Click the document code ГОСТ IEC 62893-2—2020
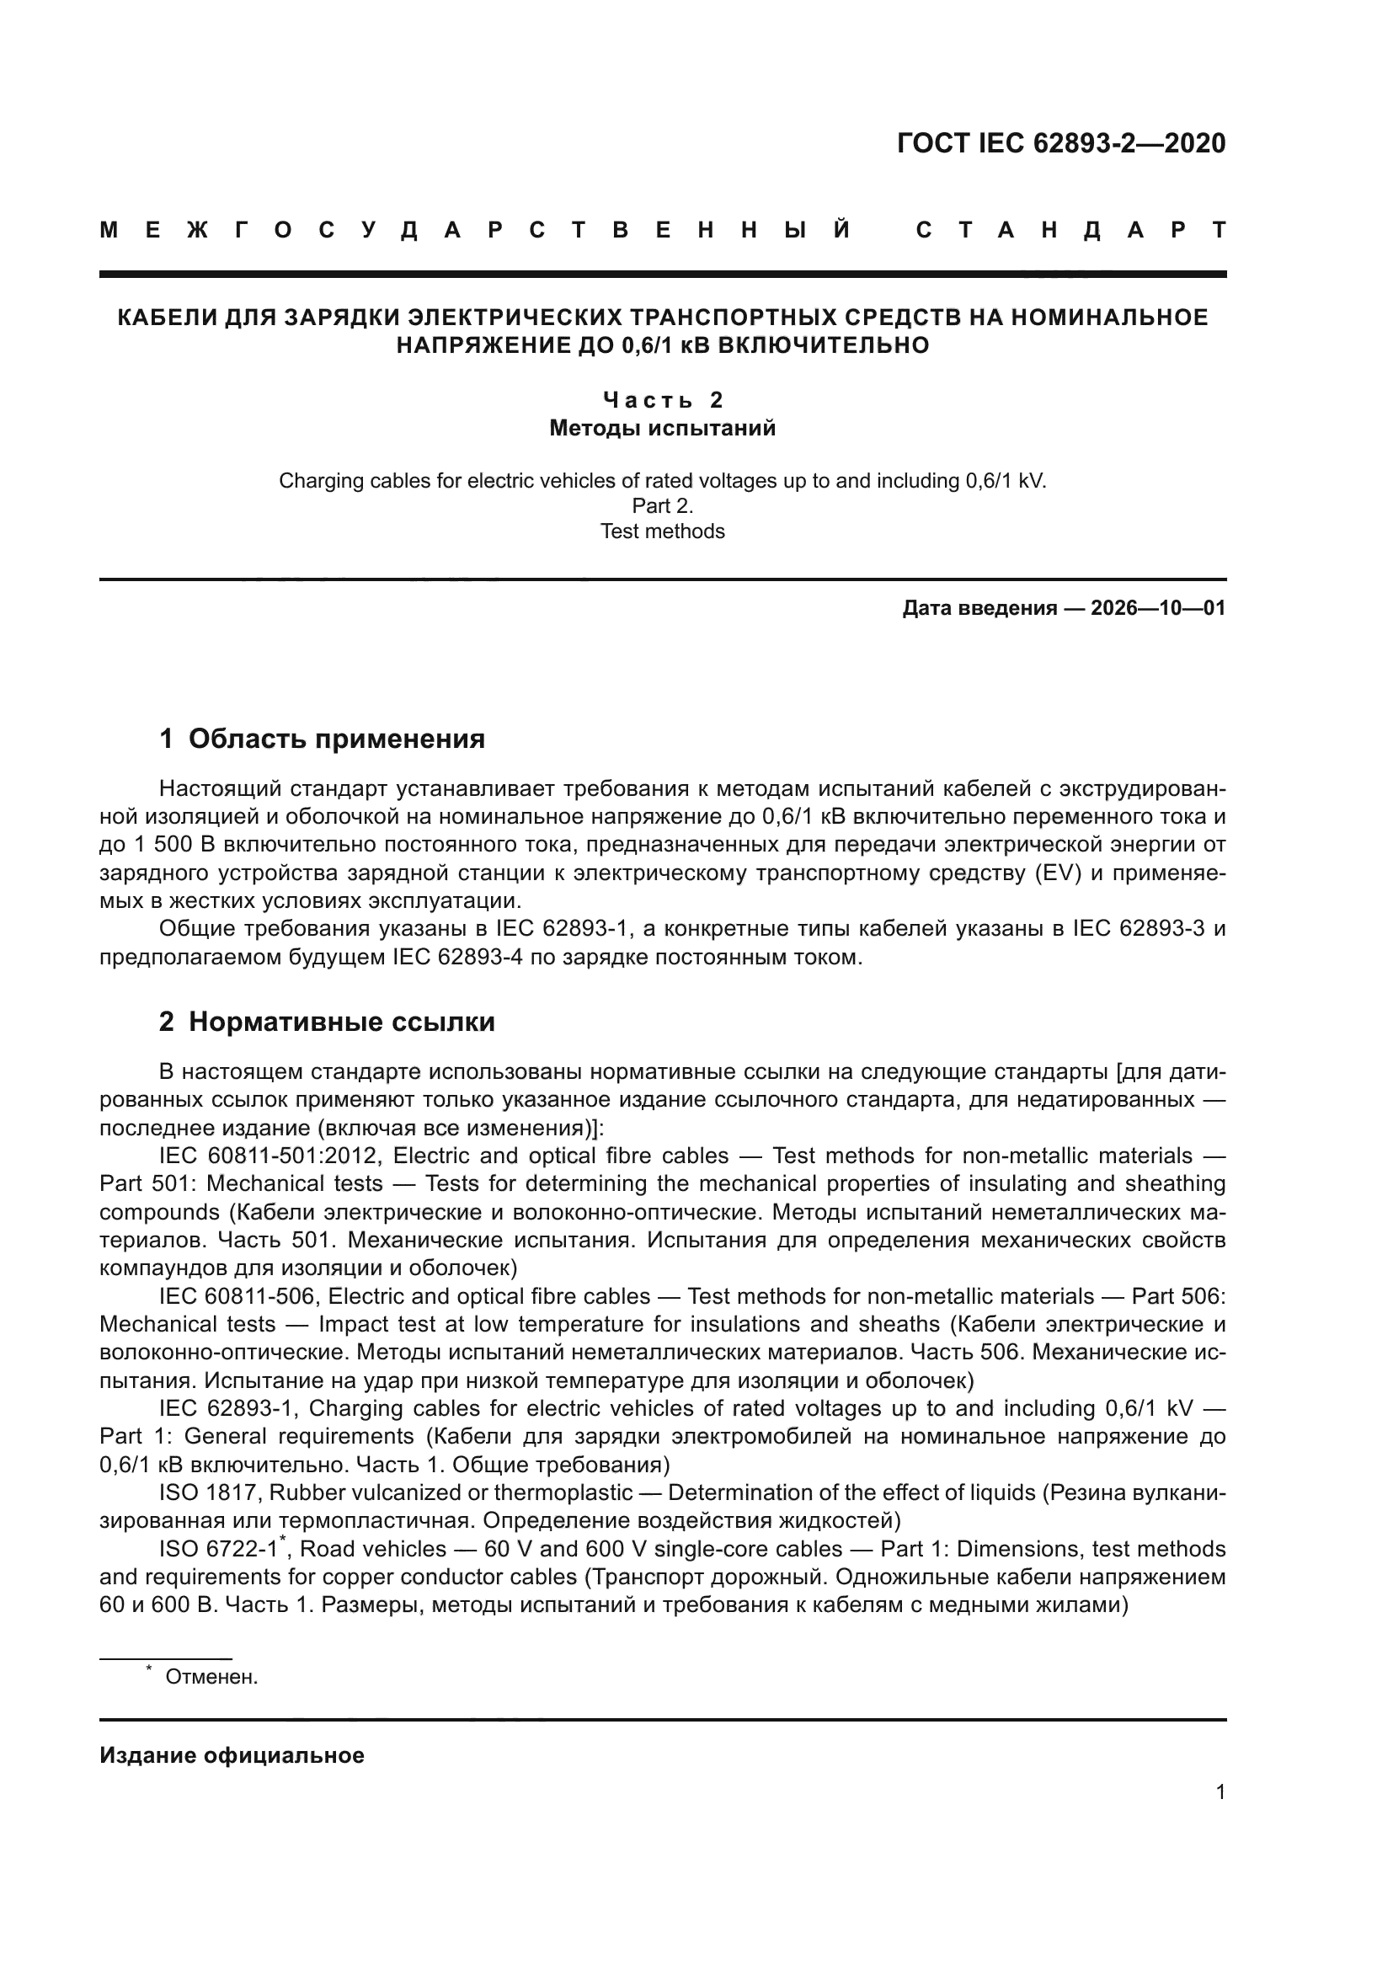point(1061,143)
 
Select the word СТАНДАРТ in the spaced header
point(1071,230)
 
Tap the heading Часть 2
point(662,400)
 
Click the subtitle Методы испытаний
point(662,428)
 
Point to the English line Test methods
point(662,531)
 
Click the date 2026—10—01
point(1158,608)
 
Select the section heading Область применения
point(336,739)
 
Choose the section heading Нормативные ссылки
point(341,1022)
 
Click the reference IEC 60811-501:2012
point(270,1156)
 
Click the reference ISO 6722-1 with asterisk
point(220,1550)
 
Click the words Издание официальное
point(232,1755)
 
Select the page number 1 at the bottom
point(1220,1792)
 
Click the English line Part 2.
point(662,506)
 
